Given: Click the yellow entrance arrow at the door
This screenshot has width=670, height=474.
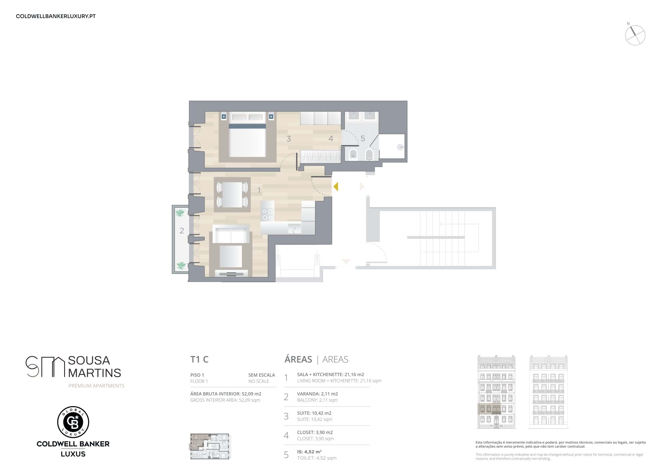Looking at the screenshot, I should [336, 187].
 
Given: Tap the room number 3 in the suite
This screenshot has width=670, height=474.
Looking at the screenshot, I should [289, 139].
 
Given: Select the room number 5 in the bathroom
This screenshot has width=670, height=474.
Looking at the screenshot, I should [363, 139].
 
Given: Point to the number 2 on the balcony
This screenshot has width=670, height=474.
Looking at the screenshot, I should [181, 231].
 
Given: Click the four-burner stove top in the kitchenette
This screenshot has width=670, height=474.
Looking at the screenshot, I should [267, 215].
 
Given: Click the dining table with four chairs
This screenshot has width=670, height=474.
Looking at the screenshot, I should [232, 195].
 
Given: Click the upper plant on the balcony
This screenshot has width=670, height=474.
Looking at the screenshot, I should [180, 213].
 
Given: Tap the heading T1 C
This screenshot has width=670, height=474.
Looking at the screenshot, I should [199, 359].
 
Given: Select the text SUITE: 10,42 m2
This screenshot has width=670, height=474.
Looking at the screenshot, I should [314, 413].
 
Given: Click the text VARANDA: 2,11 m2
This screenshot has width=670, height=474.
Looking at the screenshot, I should [317, 394].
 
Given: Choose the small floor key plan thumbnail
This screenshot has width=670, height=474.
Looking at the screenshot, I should [210, 446].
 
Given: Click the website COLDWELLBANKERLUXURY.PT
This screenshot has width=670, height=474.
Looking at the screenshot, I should [56, 16].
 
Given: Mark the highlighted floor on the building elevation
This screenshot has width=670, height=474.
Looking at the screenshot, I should [489, 409].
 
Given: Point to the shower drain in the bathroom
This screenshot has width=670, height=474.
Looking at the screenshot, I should [400, 148].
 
